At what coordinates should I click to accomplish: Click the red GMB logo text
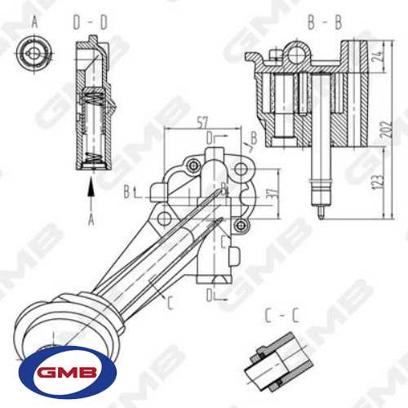[x=67, y=373]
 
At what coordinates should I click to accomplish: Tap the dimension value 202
[x=388, y=129]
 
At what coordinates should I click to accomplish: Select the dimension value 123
[x=379, y=180]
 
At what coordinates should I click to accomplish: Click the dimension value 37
[x=275, y=193]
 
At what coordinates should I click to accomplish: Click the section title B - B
[x=325, y=22]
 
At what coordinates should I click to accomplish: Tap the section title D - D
[x=91, y=22]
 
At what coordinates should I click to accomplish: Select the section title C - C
[x=282, y=316]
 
